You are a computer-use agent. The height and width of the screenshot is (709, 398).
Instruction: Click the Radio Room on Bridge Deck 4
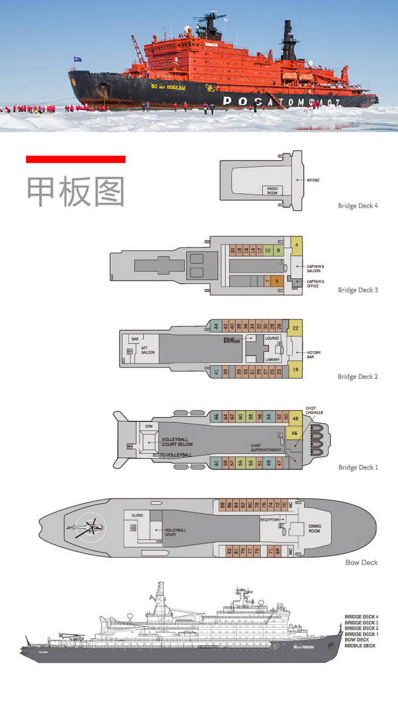click(x=273, y=190)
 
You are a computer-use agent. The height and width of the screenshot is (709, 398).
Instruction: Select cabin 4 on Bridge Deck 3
click(x=297, y=245)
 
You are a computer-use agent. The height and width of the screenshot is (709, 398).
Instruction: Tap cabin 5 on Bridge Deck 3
click(x=277, y=281)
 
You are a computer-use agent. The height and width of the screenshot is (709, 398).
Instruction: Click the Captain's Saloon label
click(x=315, y=268)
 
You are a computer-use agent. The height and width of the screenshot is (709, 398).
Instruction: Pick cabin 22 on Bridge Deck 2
click(x=295, y=328)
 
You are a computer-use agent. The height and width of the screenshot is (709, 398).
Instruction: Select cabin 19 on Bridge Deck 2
click(x=295, y=369)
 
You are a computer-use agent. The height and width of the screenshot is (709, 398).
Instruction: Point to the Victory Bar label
click(x=313, y=355)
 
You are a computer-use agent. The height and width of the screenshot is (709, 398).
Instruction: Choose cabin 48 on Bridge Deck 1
click(x=295, y=418)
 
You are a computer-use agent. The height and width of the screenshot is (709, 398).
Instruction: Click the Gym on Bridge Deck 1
click(x=149, y=426)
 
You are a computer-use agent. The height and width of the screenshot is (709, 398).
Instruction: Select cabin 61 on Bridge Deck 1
click(x=216, y=463)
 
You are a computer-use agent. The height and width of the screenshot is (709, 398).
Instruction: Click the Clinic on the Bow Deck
click(x=138, y=515)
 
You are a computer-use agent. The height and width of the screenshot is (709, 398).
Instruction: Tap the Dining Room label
click(x=314, y=528)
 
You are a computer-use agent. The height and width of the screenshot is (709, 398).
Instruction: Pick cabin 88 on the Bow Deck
click(x=222, y=504)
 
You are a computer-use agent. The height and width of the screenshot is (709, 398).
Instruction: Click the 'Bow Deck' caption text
click(x=361, y=562)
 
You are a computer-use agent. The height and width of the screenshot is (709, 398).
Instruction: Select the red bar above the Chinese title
click(x=76, y=159)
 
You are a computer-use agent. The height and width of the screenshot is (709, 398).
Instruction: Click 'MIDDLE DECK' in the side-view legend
click(x=360, y=646)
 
